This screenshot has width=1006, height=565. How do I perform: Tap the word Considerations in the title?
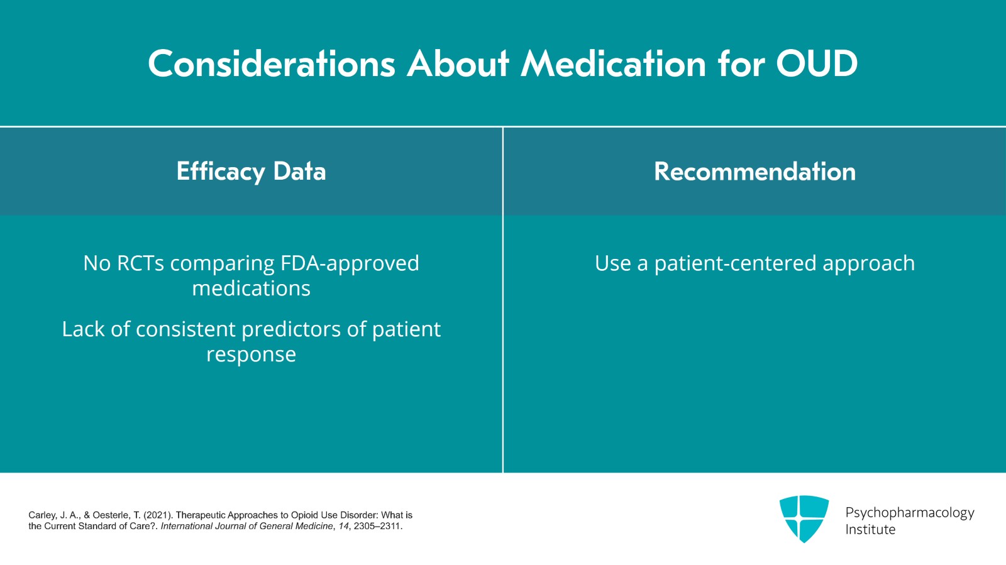[271, 63]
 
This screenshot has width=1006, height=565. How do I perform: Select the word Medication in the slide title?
[614, 63]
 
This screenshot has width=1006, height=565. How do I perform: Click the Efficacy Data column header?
[251, 172]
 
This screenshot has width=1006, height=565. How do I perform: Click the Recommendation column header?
[754, 172]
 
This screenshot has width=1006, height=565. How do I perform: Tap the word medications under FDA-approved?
[251, 288]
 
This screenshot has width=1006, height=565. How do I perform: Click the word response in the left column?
[251, 354]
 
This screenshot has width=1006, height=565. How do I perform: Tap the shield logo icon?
[804, 518]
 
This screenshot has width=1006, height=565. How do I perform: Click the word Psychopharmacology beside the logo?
[909, 512]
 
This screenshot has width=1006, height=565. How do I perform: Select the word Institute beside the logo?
[870, 530]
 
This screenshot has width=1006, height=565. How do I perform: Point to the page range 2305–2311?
[377, 526]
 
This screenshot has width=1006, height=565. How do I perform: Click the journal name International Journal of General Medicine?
[246, 526]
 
